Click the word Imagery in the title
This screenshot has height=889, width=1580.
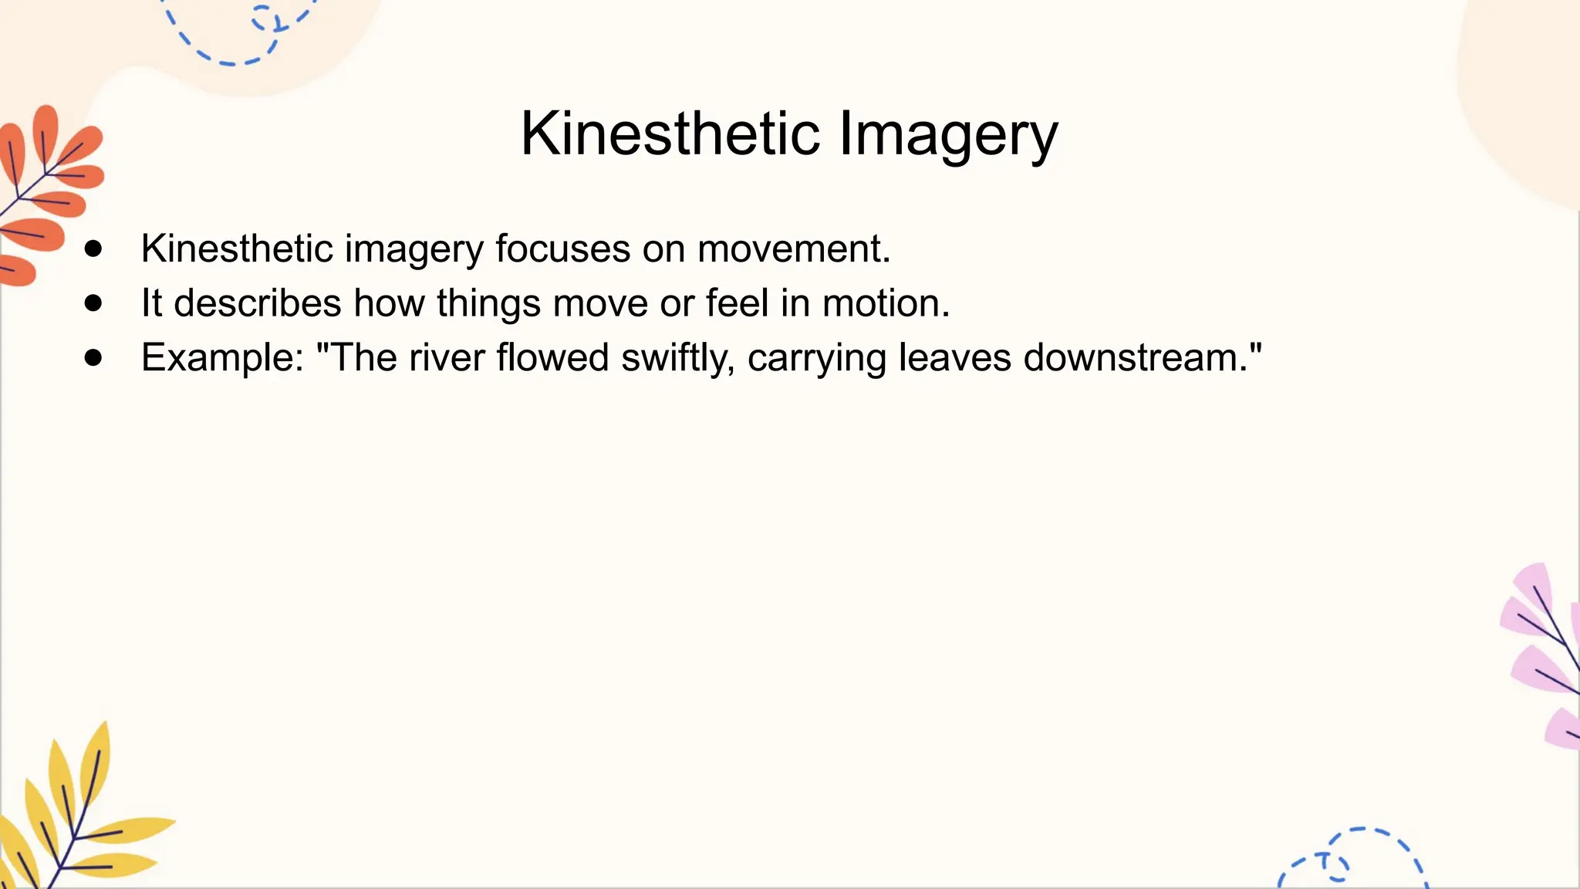[x=948, y=134]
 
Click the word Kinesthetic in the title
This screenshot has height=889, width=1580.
[x=670, y=134]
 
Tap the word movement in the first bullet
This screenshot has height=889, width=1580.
[x=794, y=249]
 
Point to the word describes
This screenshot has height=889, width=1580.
[x=257, y=303]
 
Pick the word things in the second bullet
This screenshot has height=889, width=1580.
[x=488, y=303]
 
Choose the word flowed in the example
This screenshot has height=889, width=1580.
[x=552, y=358]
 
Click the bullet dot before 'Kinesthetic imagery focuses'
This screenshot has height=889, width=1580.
[x=93, y=248]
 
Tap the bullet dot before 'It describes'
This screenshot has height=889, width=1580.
[x=93, y=303]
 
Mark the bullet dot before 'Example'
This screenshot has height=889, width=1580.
[x=93, y=357]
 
